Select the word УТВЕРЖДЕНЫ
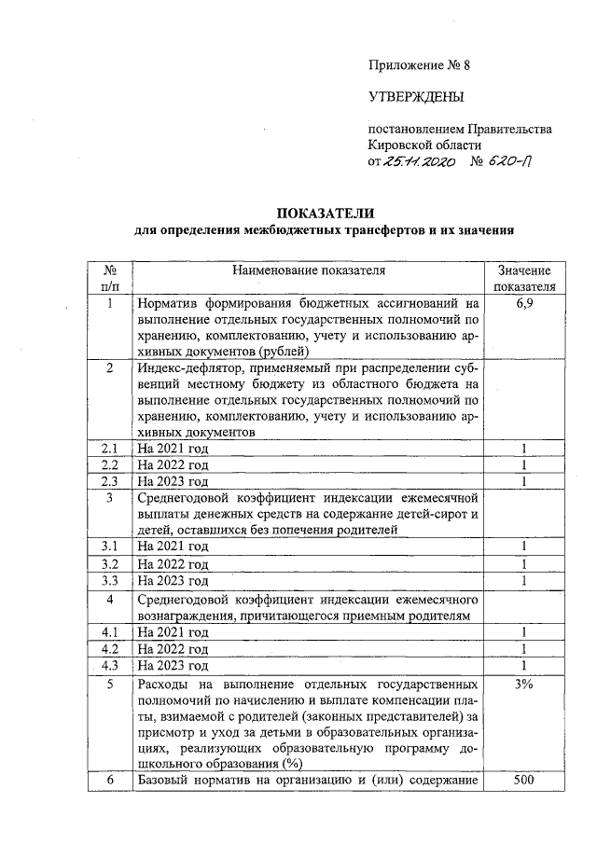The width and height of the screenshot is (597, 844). tap(416, 97)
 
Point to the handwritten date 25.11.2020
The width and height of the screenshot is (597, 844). tap(419, 161)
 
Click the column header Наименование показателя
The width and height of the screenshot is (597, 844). tap(308, 270)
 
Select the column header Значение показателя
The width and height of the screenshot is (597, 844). tap(524, 278)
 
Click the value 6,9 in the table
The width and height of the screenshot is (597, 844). tap(524, 303)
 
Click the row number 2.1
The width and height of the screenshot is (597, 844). tap(110, 449)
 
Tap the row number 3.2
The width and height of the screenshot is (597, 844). tap(110, 564)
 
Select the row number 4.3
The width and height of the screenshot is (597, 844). tap(110, 664)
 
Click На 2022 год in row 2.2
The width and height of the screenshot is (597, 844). tap(173, 464)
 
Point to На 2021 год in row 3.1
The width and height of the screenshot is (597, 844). tap(173, 547)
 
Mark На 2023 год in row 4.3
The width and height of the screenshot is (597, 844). tap(173, 665)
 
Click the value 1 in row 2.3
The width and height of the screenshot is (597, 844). tap(524, 481)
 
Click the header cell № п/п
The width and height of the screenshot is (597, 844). tap(110, 278)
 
